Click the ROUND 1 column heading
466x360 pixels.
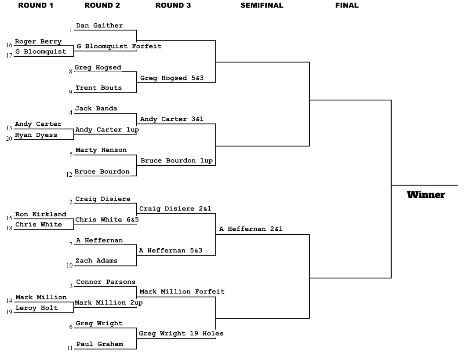(x=36, y=5)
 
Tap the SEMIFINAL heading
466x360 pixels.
(x=262, y=5)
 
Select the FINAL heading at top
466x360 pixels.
(x=347, y=5)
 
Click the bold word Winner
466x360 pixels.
(x=426, y=195)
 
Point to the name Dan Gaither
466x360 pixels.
(x=99, y=25)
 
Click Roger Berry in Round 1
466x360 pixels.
(x=38, y=42)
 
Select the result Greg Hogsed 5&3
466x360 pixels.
(x=172, y=78)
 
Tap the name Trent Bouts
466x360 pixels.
(x=98, y=88)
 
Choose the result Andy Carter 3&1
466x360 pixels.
(x=172, y=119)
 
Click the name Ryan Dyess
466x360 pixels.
(x=36, y=135)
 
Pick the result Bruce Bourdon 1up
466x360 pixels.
(x=177, y=161)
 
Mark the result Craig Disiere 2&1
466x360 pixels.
(x=175, y=208)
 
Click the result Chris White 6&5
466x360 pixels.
(x=107, y=219)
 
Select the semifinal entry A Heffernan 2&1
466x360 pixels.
(x=251, y=229)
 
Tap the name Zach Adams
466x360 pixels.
(x=96, y=261)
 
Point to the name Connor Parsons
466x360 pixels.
(x=106, y=282)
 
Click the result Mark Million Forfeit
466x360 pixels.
(x=182, y=292)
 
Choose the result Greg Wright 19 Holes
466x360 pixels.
(x=181, y=334)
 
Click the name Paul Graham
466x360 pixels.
(x=99, y=344)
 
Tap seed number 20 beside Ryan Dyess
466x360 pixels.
(x=9, y=139)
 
